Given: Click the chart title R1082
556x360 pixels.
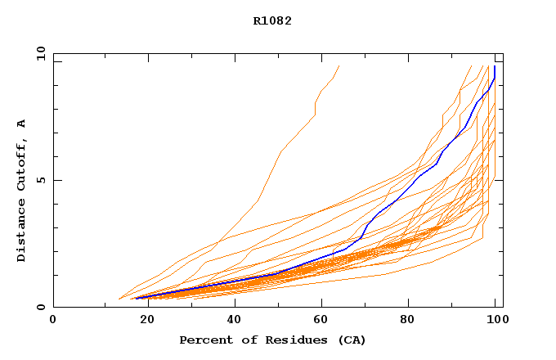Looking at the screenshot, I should (272, 20).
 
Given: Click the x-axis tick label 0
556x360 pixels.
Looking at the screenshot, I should (53, 321).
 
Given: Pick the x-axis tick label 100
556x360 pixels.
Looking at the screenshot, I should (494, 321).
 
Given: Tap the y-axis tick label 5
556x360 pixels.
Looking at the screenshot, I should (41, 180).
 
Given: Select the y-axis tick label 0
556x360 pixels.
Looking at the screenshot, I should (41, 308).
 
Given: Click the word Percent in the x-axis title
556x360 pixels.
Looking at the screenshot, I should (203, 340).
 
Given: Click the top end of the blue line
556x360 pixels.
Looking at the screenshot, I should (495, 67).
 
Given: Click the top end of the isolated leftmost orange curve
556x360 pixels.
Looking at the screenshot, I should (339, 65).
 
